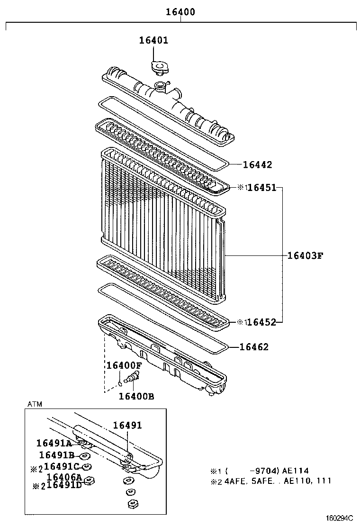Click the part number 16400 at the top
point(180,12)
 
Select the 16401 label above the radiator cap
point(153,40)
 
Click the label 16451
point(262,188)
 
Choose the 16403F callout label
point(305,256)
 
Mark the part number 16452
point(262,322)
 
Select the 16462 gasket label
point(254,347)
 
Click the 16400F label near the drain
point(124,365)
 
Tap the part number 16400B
point(136,397)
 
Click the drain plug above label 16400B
point(133,377)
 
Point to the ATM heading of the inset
point(34,404)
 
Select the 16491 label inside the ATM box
point(127,426)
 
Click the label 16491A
point(54,444)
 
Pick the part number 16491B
point(57,455)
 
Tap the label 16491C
point(62,467)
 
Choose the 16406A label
point(65,477)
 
